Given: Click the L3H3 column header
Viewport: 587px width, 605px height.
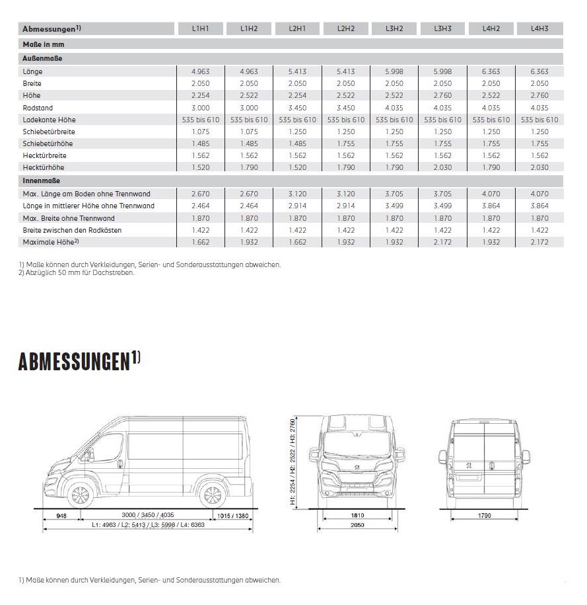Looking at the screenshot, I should pos(442,28).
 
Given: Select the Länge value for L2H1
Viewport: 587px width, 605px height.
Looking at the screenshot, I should pos(297,71).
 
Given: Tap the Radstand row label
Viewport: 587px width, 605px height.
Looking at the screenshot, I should pos(38,108).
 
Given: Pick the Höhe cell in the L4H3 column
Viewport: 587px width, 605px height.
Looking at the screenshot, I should pos(539,96).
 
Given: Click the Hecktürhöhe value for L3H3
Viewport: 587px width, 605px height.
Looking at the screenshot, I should pos(442,168).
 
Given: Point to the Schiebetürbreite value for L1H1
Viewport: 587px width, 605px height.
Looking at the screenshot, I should pos(200,132).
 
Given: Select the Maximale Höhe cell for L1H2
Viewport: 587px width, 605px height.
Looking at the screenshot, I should pos(249,243).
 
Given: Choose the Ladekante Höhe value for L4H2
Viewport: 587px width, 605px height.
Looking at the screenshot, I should pos(491,120).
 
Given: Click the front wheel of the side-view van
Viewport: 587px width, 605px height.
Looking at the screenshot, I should pos(80,495).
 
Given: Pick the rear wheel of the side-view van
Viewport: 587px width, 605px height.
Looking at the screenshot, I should pos(211,495).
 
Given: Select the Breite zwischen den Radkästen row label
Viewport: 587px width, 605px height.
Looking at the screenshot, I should pos(72,230).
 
